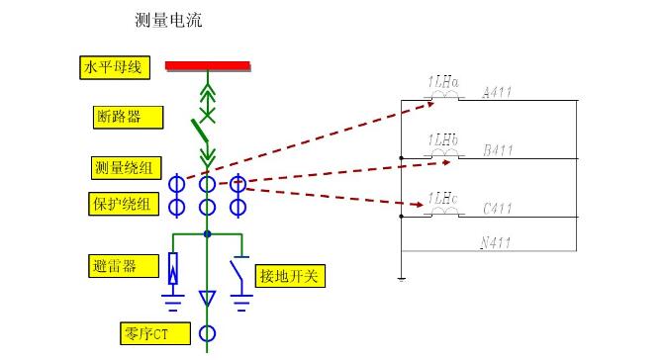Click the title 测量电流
click(x=168, y=20)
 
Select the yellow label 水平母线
click(x=113, y=67)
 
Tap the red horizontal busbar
click(x=207, y=66)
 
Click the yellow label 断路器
click(x=118, y=117)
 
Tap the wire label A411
click(x=497, y=93)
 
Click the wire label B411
click(x=498, y=150)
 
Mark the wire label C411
click(x=498, y=208)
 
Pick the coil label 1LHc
click(x=442, y=198)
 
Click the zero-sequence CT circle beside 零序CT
click(x=207, y=333)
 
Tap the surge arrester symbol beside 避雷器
click(x=173, y=269)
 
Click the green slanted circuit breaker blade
click(x=202, y=130)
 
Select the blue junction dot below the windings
click(x=207, y=234)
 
